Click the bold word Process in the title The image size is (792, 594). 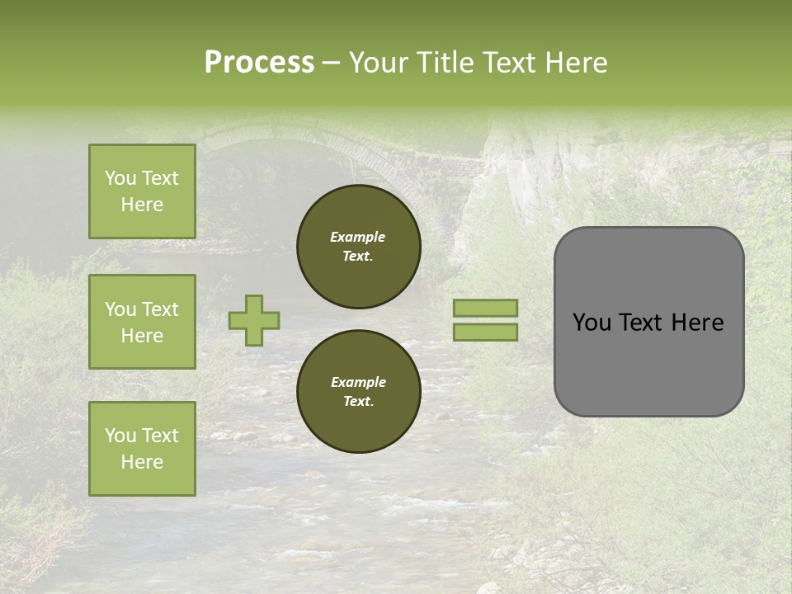[259, 63]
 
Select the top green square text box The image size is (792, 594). [142, 191]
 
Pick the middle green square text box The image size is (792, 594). [142, 322]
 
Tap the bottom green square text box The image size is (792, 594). [142, 448]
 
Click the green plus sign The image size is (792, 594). [254, 320]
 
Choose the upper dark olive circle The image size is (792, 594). [358, 247]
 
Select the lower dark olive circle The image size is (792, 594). [358, 392]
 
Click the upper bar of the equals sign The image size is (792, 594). [485, 308]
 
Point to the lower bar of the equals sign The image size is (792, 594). [485, 332]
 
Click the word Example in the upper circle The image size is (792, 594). [357, 237]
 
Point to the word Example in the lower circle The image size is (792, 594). [357, 382]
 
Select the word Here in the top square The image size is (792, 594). [142, 205]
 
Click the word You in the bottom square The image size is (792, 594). [120, 436]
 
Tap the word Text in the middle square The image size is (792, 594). [160, 309]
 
